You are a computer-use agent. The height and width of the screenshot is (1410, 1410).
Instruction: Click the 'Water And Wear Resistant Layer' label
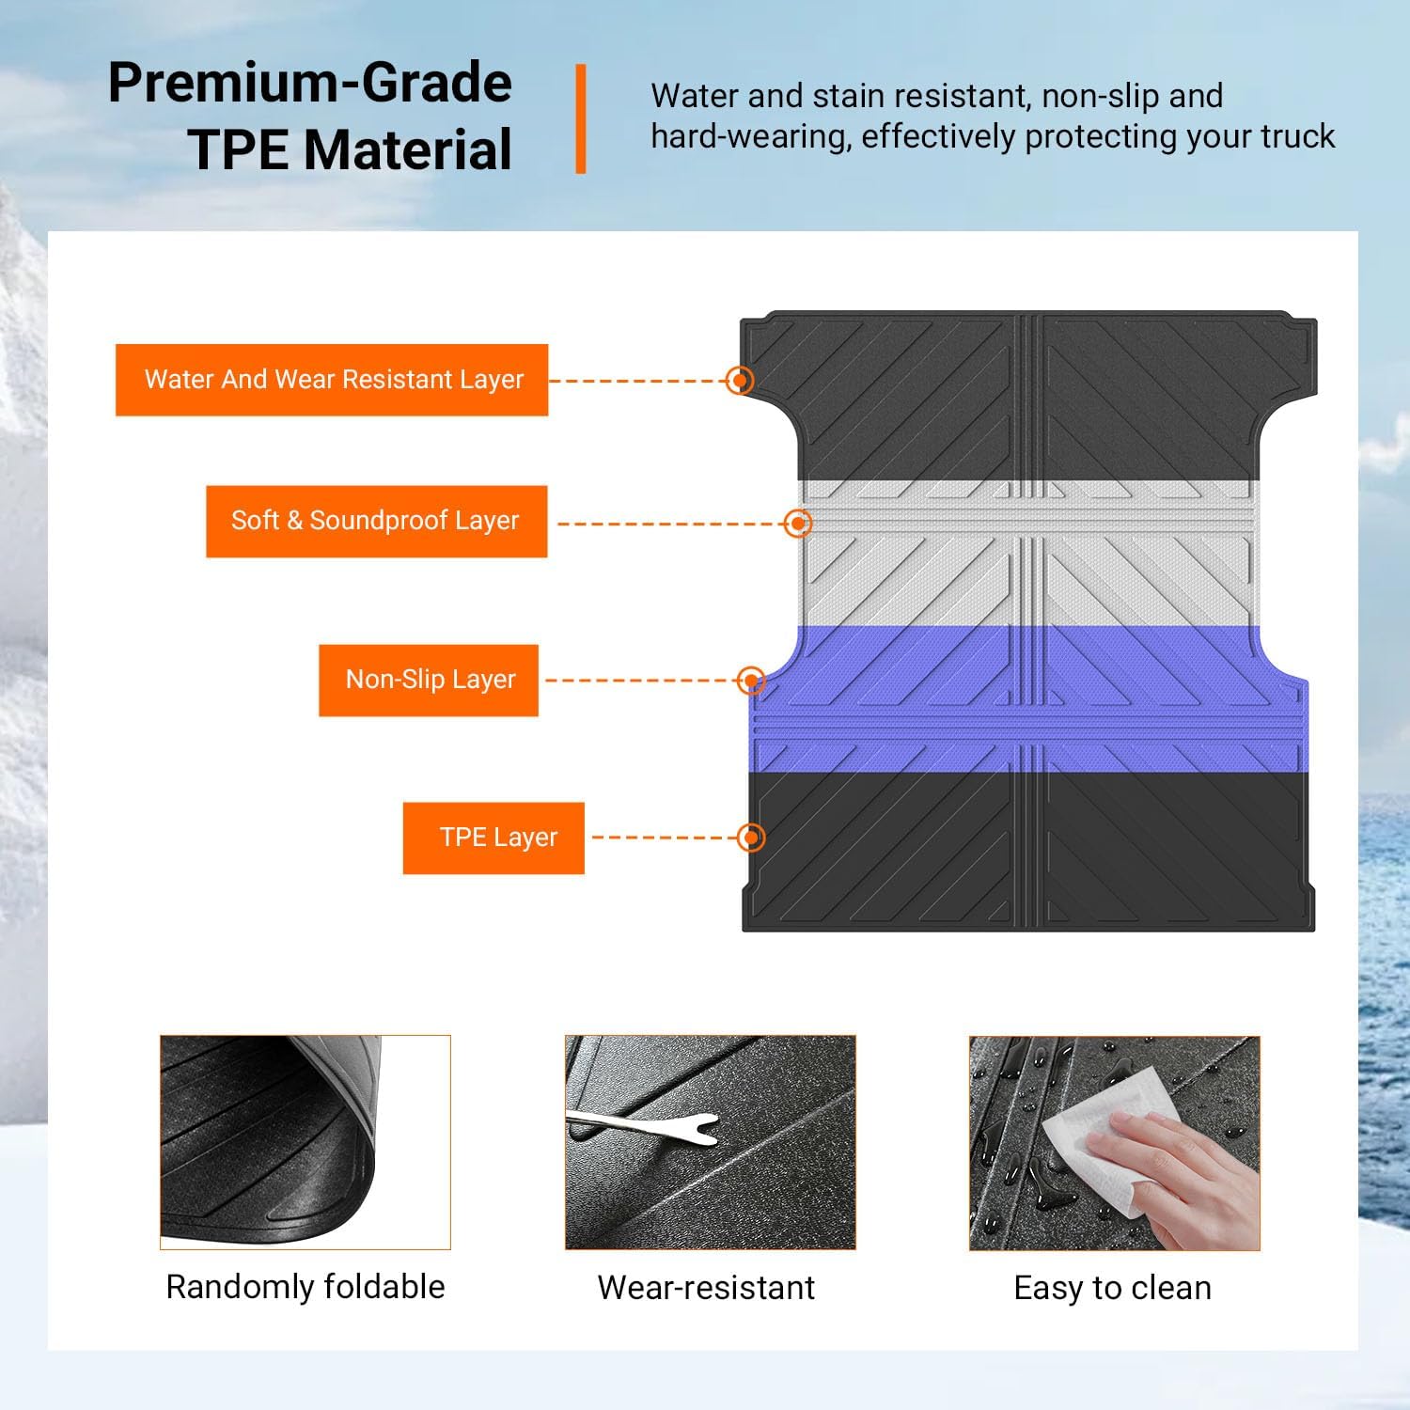pyautogui.click(x=332, y=380)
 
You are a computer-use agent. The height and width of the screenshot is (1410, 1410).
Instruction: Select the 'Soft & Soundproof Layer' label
pyautogui.click(x=376, y=521)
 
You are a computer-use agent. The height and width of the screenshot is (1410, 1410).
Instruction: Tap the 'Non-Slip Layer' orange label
pyautogui.click(x=429, y=680)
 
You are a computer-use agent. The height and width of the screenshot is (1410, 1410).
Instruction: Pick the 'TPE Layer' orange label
pyautogui.click(x=493, y=838)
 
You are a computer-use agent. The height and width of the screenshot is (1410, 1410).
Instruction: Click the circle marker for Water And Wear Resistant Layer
pyautogui.click(x=741, y=380)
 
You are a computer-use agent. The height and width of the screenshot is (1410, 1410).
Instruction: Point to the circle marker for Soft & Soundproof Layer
pyautogui.click(x=798, y=523)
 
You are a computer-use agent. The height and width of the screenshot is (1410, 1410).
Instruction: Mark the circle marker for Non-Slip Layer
pyautogui.click(x=750, y=680)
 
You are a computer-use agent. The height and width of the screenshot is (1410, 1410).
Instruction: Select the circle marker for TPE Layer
pyautogui.click(x=750, y=837)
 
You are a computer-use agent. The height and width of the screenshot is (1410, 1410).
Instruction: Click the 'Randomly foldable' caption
pyautogui.click(x=305, y=1286)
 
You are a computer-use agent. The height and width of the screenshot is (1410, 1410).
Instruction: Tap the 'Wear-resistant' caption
pyautogui.click(x=706, y=1287)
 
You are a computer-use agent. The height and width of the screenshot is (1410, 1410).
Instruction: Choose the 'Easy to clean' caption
pyautogui.click(x=1112, y=1287)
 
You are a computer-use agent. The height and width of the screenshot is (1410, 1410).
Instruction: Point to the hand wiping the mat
pyautogui.click(x=1184, y=1175)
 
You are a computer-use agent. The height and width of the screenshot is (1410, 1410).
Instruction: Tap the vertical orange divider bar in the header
pyautogui.click(x=581, y=118)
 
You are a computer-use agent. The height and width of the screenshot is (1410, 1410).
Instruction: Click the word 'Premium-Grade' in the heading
pyautogui.click(x=310, y=83)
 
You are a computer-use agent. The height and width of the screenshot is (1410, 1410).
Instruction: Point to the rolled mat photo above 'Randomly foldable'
pyautogui.click(x=305, y=1142)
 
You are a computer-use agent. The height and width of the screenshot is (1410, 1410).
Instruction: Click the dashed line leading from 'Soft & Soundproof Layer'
pyautogui.click(x=671, y=524)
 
